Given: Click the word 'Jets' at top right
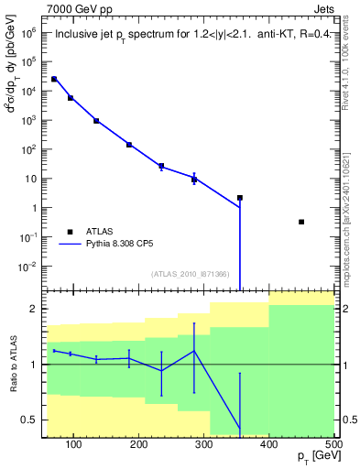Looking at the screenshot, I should [x=322, y=9].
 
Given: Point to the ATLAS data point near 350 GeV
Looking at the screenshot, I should [x=240, y=198].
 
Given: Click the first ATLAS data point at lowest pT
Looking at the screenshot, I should [x=54, y=80].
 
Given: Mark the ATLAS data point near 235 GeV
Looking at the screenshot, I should [x=161, y=166].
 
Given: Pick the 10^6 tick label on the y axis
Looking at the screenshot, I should [x=27, y=32].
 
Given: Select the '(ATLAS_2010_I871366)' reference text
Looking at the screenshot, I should [x=191, y=274].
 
